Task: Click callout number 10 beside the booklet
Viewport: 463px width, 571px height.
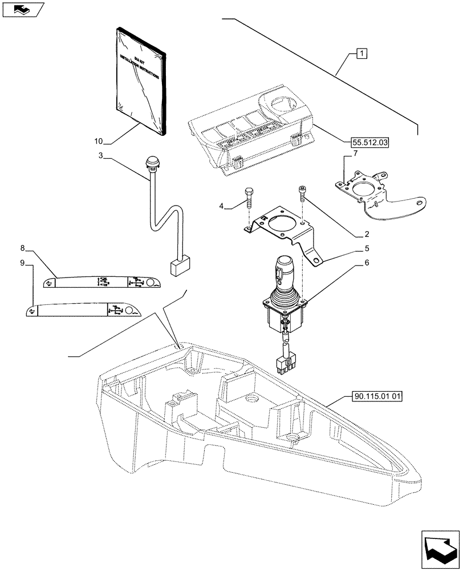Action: click(x=99, y=140)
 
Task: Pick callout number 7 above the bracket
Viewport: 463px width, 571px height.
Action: click(x=355, y=154)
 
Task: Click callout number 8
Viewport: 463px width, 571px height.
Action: click(x=22, y=248)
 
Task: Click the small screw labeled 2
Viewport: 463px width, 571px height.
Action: click(x=302, y=195)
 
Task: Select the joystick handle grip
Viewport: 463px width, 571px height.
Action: click(x=284, y=270)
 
